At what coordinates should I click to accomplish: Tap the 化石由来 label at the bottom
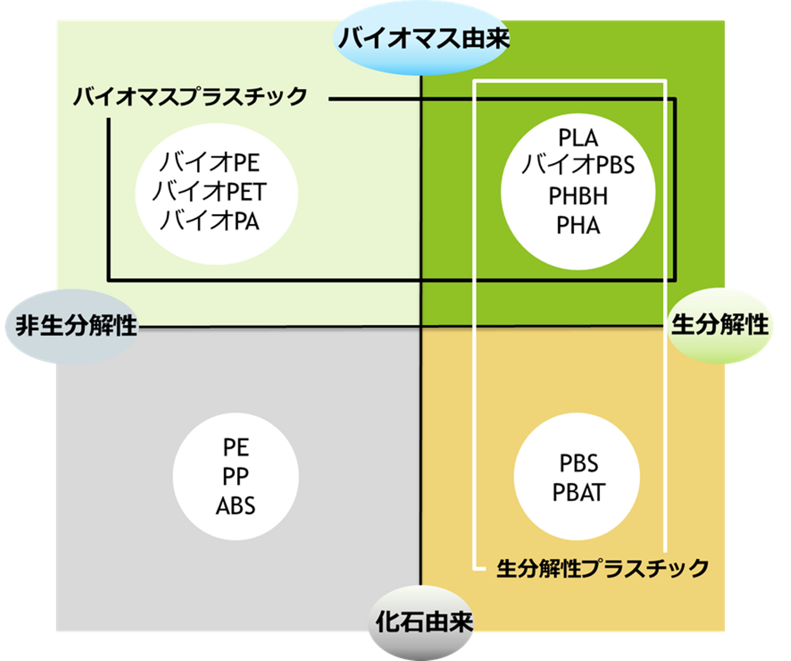tap(424, 622)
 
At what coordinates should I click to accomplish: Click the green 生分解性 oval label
tap(720, 325)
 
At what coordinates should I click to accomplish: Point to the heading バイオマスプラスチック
tap(190, 97)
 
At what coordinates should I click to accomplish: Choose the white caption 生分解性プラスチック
tap(602, 568)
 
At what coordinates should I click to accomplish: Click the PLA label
tap(578, 138)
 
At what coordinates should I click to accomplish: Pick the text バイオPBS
tap(578, 165)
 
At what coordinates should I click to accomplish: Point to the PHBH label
tap(578, 196)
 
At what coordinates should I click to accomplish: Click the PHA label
tap(578, 226)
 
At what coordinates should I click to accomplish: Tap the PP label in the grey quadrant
tap(236, 477)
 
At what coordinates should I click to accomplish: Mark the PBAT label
tap(578, 493)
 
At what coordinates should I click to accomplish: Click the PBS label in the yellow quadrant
tap(578, 464)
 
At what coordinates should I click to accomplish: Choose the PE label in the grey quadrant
tap(236, 448)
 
